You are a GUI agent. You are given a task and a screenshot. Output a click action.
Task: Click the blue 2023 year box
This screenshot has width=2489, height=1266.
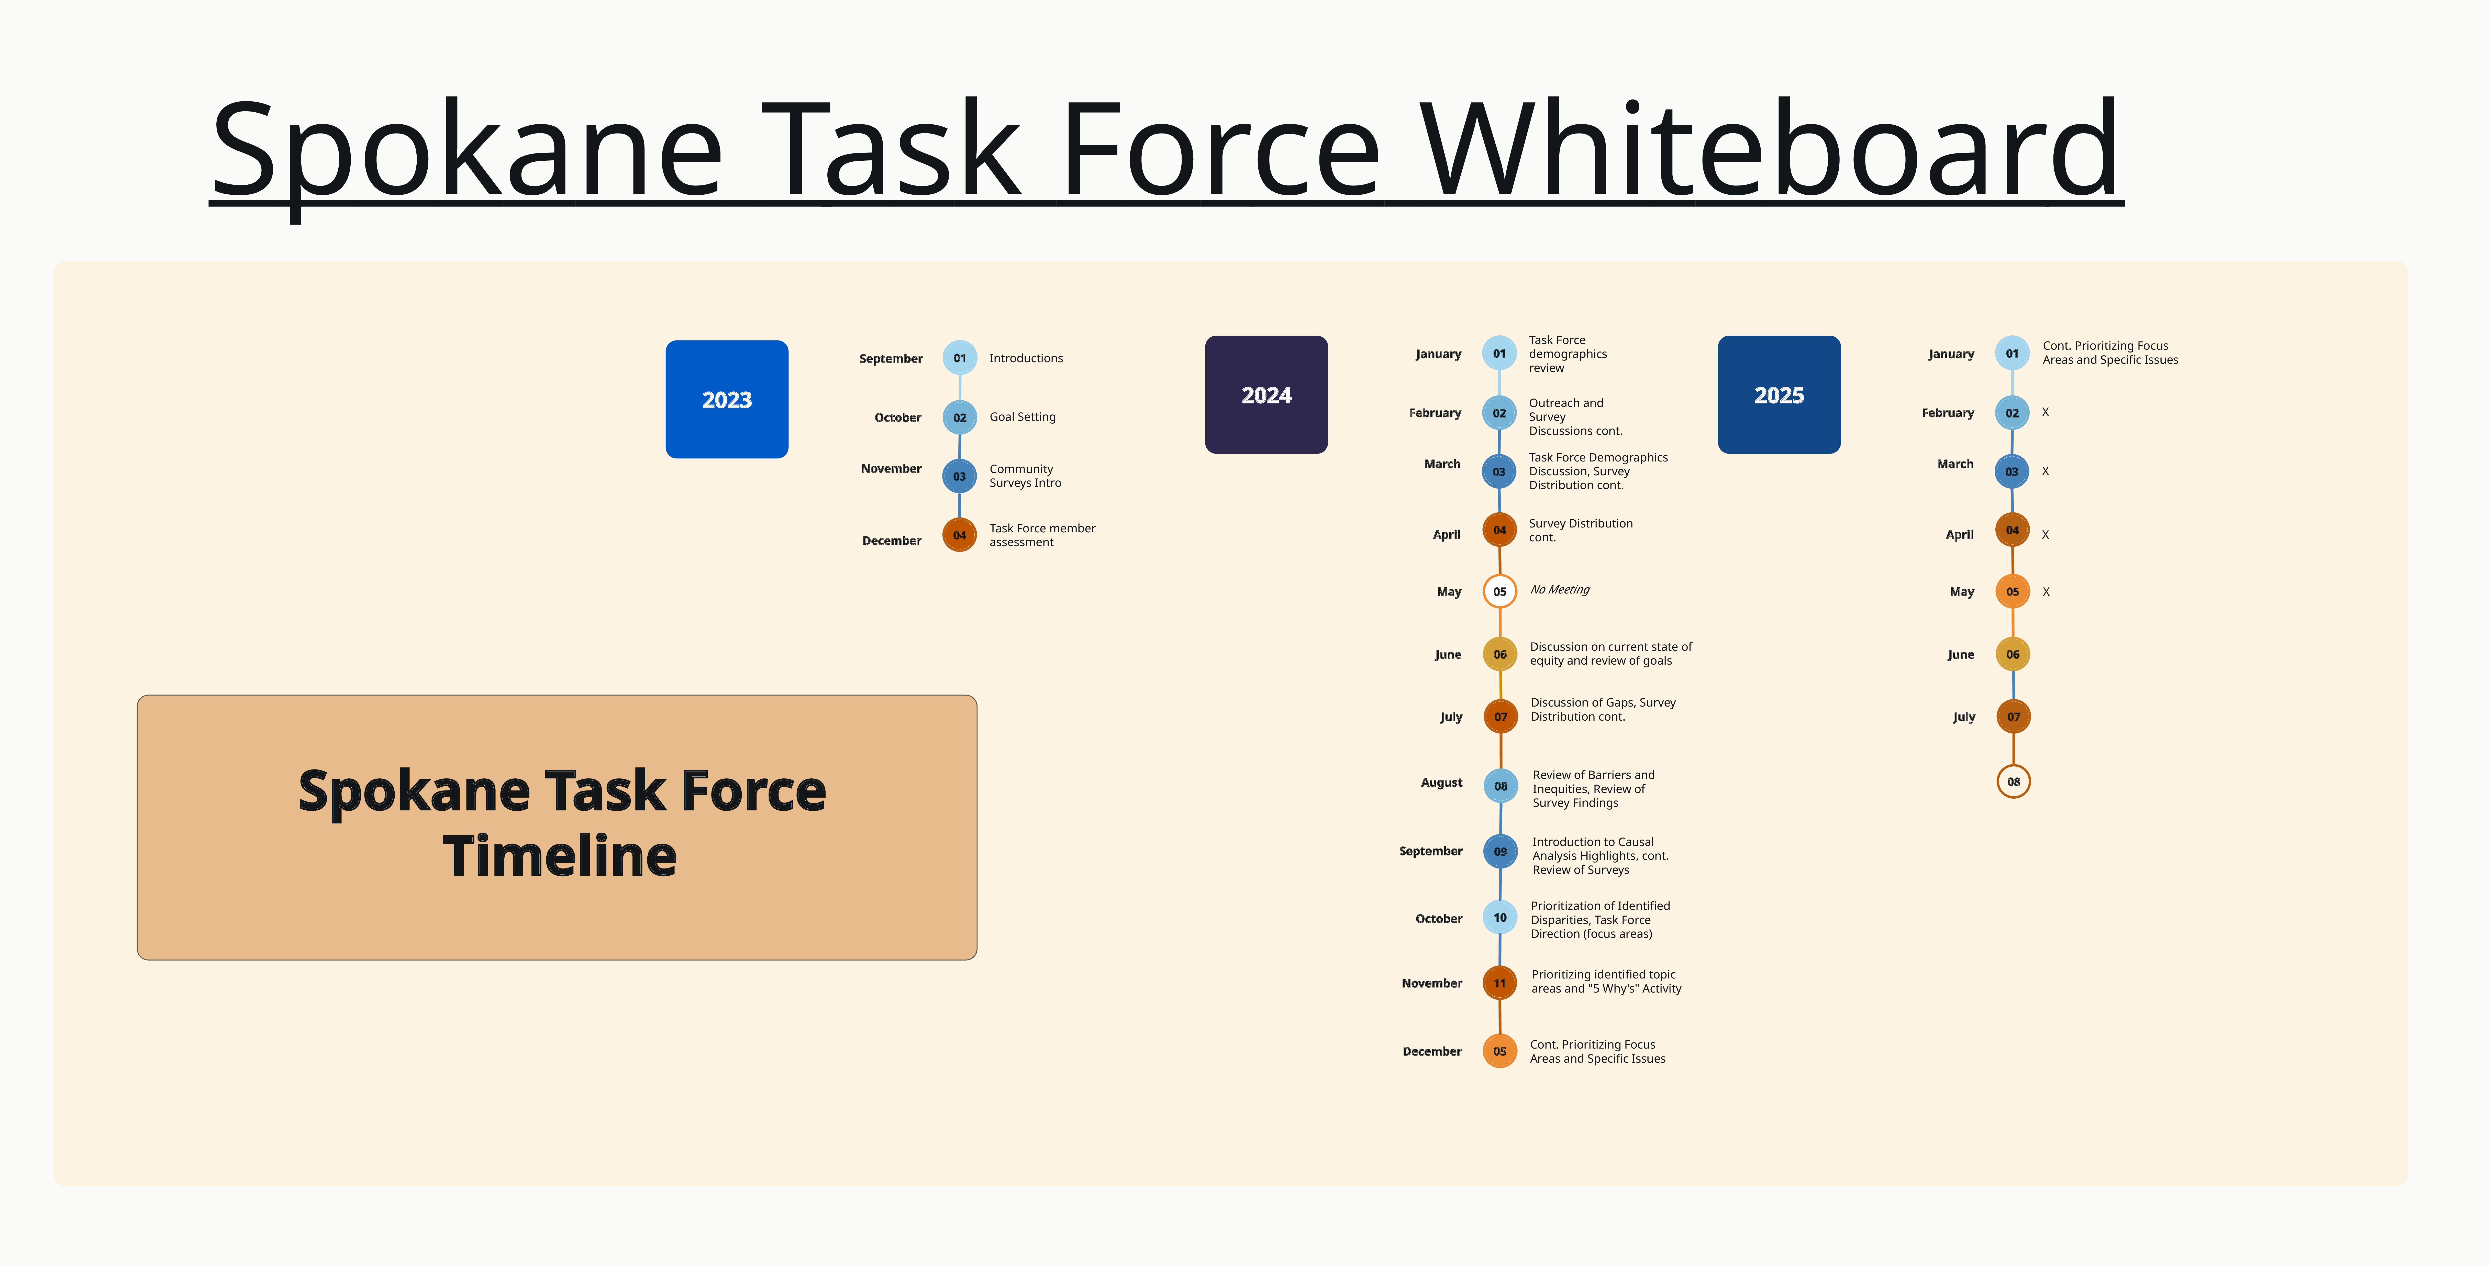coord(727,399)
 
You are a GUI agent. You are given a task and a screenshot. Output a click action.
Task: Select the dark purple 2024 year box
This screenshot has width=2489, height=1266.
coord(1266,394)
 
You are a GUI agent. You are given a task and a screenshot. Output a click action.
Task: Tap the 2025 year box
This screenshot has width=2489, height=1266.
coord(1779,394)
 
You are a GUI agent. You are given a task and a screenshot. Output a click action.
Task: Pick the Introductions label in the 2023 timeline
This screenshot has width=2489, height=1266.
coord(1026,359)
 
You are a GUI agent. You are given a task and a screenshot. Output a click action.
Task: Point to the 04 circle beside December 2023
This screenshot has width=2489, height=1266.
coord(960,534)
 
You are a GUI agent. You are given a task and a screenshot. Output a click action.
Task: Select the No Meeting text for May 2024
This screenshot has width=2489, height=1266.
coord(1560,589)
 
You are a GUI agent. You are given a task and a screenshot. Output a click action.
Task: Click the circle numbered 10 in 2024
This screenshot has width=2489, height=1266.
coord(1499,917)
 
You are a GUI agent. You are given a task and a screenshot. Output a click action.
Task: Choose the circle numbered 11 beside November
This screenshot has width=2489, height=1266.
coord(1499,983)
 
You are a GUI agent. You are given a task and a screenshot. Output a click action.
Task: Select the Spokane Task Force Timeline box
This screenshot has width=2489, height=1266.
coord(557,827)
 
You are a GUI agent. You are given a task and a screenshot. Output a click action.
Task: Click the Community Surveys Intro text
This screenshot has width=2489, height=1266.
coord(1025,476)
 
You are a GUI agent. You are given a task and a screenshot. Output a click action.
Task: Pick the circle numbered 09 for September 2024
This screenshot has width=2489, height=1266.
coord(1501,851)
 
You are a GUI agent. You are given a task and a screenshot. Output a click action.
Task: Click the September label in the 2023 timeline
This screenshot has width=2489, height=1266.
coord(891,359)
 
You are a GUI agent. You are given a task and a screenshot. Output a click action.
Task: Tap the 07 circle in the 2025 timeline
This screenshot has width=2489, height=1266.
coord(2014,716)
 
